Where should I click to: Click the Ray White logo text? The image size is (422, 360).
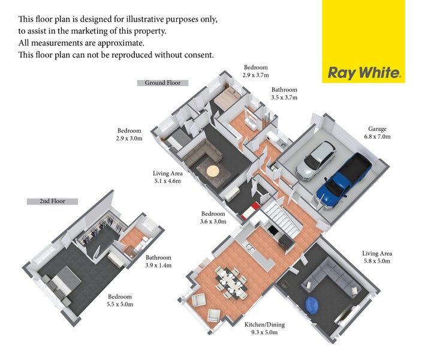point(364,73)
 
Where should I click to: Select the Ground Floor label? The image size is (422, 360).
point(162,83)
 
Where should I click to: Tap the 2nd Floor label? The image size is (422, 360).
point(52,201)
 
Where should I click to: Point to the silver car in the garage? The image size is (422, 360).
point(315,161)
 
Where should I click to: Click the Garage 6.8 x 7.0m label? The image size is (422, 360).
point(377,133)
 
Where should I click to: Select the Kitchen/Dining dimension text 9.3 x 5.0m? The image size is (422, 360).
point(264,332)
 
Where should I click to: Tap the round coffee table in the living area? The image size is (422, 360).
point(213,171)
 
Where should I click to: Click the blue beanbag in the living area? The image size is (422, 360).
point(312,305)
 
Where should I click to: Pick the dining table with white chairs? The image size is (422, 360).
point(231,283)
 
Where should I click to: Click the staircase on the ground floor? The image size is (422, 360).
point(281,220)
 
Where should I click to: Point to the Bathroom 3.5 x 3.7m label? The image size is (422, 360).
point(284,94)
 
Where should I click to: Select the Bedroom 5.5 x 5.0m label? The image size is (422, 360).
point(120,301)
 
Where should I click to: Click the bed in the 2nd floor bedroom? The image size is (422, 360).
point(61,283)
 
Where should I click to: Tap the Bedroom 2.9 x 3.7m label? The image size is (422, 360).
point(256,71)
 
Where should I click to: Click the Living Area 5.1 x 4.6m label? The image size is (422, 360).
point(168,177)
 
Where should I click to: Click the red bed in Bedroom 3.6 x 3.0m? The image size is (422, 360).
point(251,211)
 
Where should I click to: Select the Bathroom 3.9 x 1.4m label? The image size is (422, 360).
point(158,262)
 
